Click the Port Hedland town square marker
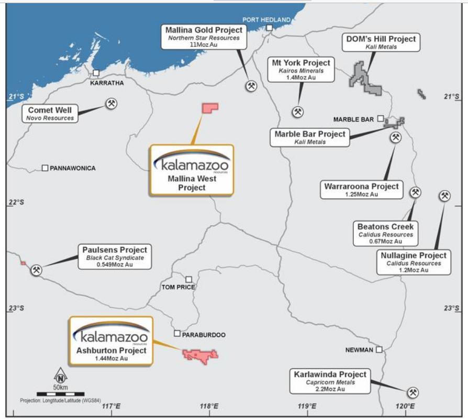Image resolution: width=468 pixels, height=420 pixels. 270,28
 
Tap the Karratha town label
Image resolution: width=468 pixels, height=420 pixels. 107,83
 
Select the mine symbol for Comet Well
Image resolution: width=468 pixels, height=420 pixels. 111,104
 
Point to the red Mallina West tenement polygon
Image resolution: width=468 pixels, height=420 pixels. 209,108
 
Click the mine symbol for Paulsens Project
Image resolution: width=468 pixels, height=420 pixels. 36,271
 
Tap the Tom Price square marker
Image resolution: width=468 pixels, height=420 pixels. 188,279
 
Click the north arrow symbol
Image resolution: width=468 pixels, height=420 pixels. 61,376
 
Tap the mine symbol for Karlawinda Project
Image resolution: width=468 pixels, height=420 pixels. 413,392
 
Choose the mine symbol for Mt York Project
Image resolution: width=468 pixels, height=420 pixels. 298,112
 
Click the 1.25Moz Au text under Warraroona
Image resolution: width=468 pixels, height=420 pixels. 361,194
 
